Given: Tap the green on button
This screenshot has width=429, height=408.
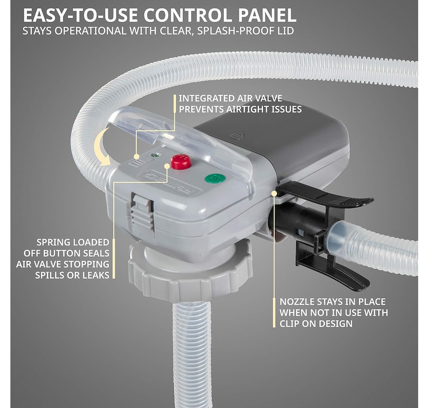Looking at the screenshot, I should pos(215,178).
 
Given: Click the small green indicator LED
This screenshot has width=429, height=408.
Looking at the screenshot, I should pos(155,155).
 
